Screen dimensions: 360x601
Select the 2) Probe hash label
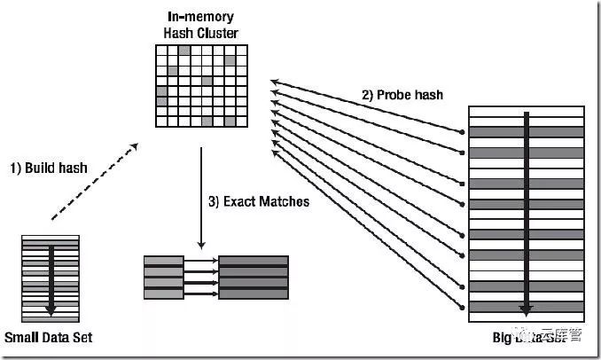(x=402, y=94)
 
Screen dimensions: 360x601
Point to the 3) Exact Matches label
(x=259, y=201)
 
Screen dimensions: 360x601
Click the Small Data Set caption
(x=48, y=338)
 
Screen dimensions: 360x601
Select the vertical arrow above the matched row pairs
(x=202, y=197)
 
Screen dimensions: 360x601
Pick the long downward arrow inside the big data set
(x=527, y=213)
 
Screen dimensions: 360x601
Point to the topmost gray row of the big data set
(x=526, y=132)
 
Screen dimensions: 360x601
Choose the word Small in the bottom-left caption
(x=22, y=338)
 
